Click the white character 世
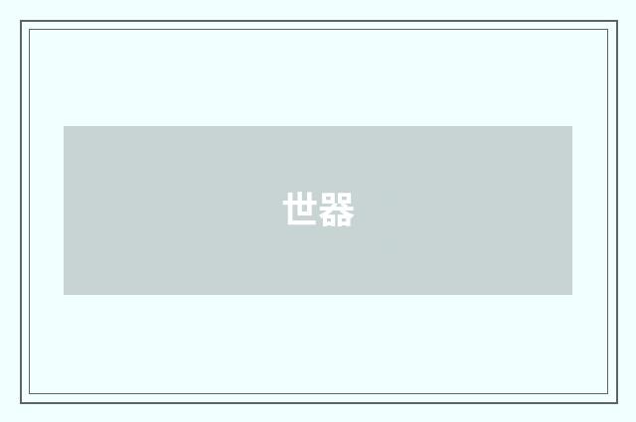tap(301, 211)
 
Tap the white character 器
tap(337, 211)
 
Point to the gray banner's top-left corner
tap(64, 126)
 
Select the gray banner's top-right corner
tap(572, 126)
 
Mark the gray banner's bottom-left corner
tap(64, 295)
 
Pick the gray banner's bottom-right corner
tap(572, 295)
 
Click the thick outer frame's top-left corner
tap(21, 22)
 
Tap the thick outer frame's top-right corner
tap(616, 22)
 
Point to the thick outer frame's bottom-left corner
tap(21, 402)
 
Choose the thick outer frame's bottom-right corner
tap(616, 402)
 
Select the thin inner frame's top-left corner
tap(29, 30)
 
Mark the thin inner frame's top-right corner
tap(608, 30)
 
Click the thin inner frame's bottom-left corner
tap(29, 394)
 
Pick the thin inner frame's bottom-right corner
tap(608, 394)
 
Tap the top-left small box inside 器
tap(329, 200)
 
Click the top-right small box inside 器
tap(345, 200)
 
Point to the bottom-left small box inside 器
tap(329, 221)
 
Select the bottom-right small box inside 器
tap(345, 221)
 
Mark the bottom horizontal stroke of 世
tap(303, 223)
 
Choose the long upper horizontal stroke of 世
tap(301, 203)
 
